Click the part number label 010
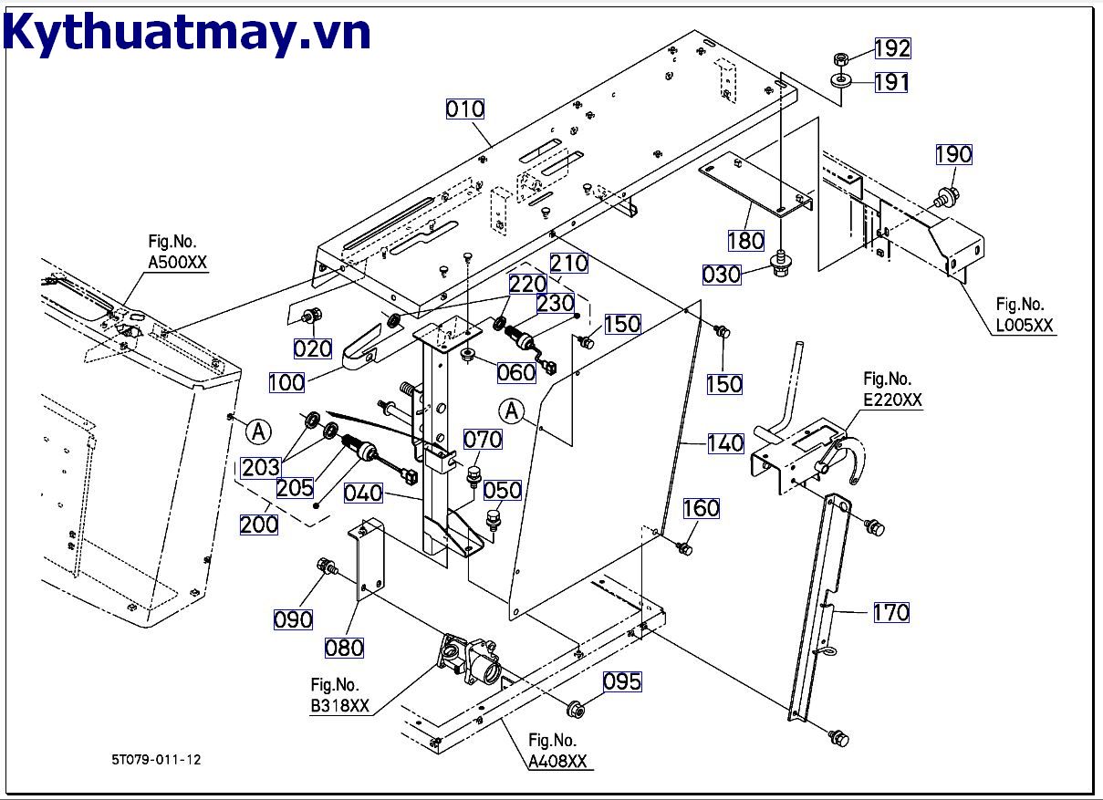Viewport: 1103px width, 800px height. (465, 109)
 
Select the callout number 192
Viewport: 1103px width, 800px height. (892, 48)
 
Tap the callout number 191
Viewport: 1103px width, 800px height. (891, 83)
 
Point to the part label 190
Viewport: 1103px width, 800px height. (953, 154)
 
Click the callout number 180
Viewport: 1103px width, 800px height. (745, 241)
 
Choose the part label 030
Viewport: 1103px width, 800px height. (721, 274)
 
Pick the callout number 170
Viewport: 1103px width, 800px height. (891, 612)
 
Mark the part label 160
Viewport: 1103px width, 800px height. (702, 508)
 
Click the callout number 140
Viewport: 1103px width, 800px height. (725, 444)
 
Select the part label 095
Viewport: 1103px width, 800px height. (621, 681)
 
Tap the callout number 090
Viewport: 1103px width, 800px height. (293, 619)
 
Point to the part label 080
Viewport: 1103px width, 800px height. (344, 648)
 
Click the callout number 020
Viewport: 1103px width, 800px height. (312, 348)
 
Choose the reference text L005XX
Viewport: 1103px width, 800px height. (1025, 325)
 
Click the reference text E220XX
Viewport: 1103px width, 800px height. (892, 400)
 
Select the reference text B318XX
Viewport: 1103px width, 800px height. (339, 705)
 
